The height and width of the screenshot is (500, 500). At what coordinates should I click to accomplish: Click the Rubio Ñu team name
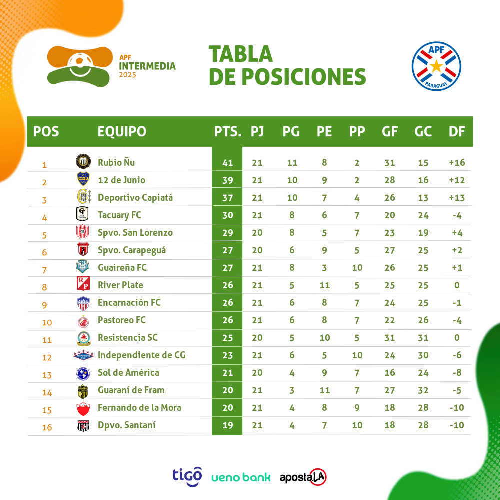pyautogui.click(x=116, y=162)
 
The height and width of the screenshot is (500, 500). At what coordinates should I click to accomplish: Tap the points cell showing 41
pyautogui.click(x=227, y=163)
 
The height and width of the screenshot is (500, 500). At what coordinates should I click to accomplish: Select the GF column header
pyautogui.click(x=390, y=131)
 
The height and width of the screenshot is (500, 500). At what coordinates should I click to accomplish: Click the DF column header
pyautogui.click(x=457, y=131)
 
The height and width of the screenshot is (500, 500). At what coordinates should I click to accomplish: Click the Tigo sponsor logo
pyautogui.click(x=187, y=475)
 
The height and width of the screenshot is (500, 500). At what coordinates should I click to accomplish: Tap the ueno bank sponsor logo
pyautogui.click(x=241, y=477)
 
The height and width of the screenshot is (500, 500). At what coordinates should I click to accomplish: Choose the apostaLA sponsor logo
pyautogui.click(x=303, y=477)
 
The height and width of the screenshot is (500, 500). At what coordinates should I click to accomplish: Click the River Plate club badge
pyautogui.click(x=83, y=285)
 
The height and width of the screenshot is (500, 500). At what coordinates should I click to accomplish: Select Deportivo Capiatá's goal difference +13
pyautogui.click(x=457, y=198)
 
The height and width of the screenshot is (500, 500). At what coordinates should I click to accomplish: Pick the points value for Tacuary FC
pyautogui.click(x=227, y=215)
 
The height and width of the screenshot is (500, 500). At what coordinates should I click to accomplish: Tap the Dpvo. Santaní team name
pyautogui.click(x=127, y=425)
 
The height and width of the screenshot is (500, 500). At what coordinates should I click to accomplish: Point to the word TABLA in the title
pyautogui.click(x=240, y=54)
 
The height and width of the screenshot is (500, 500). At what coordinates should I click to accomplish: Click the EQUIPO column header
pyautogui.click(x=122, y=131)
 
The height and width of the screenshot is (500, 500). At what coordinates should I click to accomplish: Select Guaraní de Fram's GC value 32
pyautogui.click(x=423, y=390)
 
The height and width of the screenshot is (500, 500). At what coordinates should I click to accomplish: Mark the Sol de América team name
pyautogui.click(x=128, y=372)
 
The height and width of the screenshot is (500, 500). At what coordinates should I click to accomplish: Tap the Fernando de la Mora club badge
pyautogui.click(x=83, y=408)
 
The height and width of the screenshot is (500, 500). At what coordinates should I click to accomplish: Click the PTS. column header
pyautogui.click(x=228, y=131)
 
